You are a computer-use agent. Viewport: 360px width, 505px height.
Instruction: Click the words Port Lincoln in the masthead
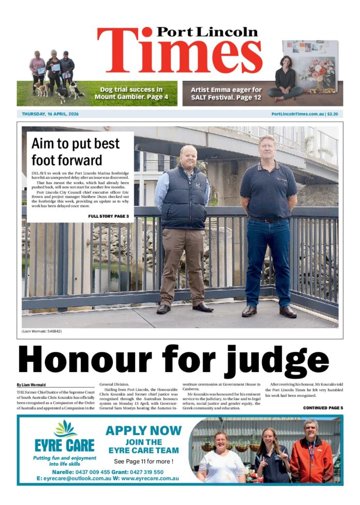click(x=207, y=32)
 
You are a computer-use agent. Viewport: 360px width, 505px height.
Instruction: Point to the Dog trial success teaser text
click(x=131, y=93)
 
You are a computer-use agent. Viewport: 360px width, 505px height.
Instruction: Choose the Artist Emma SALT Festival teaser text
click(x=226, y=93)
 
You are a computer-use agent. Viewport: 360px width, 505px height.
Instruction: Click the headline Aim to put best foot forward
click(x=74, y=151)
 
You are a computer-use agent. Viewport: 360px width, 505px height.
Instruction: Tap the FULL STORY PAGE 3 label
click(x=108, y=216)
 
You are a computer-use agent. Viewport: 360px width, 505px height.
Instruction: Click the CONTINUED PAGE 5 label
click(x=322, y=408)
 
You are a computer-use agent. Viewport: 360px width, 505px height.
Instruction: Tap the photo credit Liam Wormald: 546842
click(x=41, y=331)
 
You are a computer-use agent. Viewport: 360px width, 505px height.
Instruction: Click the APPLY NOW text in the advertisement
click(x=143, y=430)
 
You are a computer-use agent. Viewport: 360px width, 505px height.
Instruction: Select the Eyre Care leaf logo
click(x=65, y=429)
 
